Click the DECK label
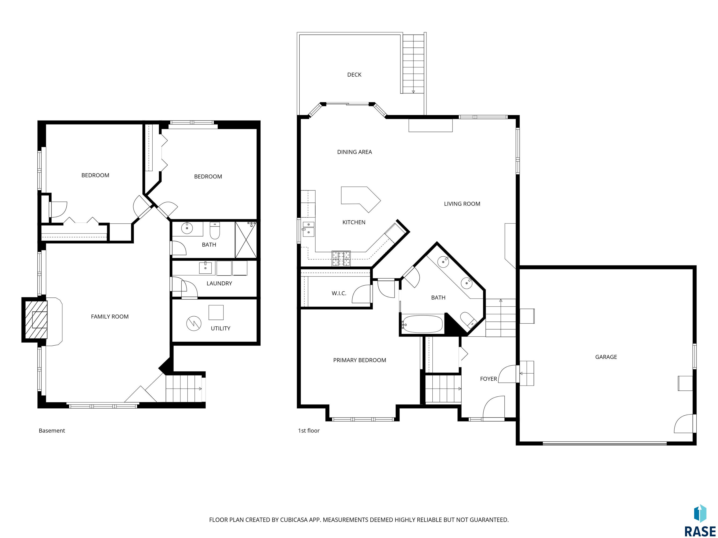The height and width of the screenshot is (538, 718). coord(354,74)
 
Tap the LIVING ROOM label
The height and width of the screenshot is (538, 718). coord(462,204)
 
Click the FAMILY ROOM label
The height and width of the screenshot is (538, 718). coord(110,316)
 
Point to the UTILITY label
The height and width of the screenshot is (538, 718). coord(220,328)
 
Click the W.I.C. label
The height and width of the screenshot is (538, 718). coord(339,293)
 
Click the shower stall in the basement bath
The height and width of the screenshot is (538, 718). coord(245,240)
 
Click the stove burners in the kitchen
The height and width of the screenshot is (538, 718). coord(341,258)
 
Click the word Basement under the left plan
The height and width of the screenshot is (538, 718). coord(52,431)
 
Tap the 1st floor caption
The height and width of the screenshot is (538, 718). coord(309,431)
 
